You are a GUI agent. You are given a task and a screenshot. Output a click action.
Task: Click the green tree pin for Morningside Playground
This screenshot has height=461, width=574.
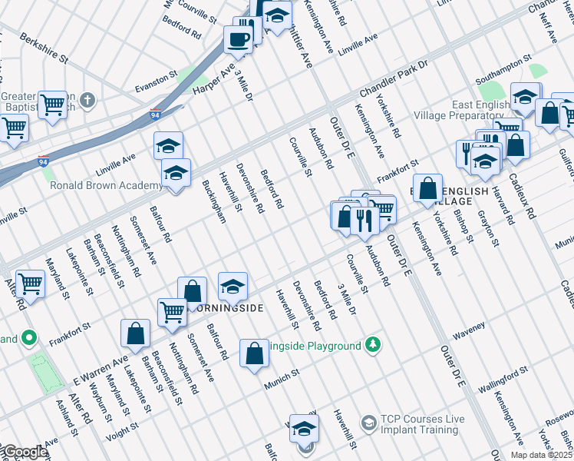point(372,344)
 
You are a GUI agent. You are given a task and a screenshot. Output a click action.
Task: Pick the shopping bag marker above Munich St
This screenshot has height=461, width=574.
point(254,353)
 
